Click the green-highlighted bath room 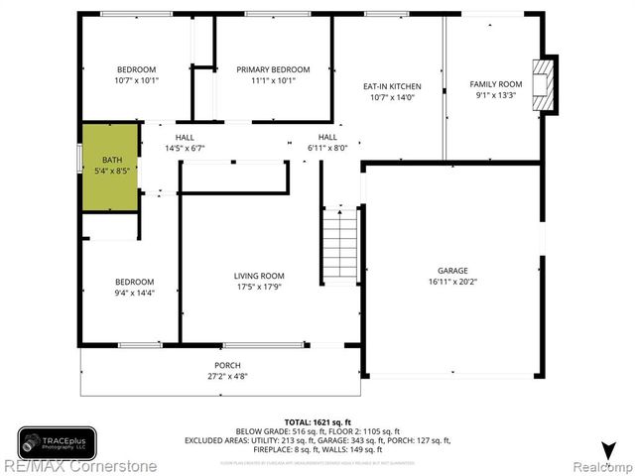coord(109,166)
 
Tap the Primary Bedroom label coord(273,69)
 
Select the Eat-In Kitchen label coord(389,86)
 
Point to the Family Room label coord(495,84)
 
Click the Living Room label coord(259,276)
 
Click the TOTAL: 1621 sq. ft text coord(314,421)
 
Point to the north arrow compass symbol coord(607,448)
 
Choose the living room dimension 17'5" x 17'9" coord(259,288)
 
